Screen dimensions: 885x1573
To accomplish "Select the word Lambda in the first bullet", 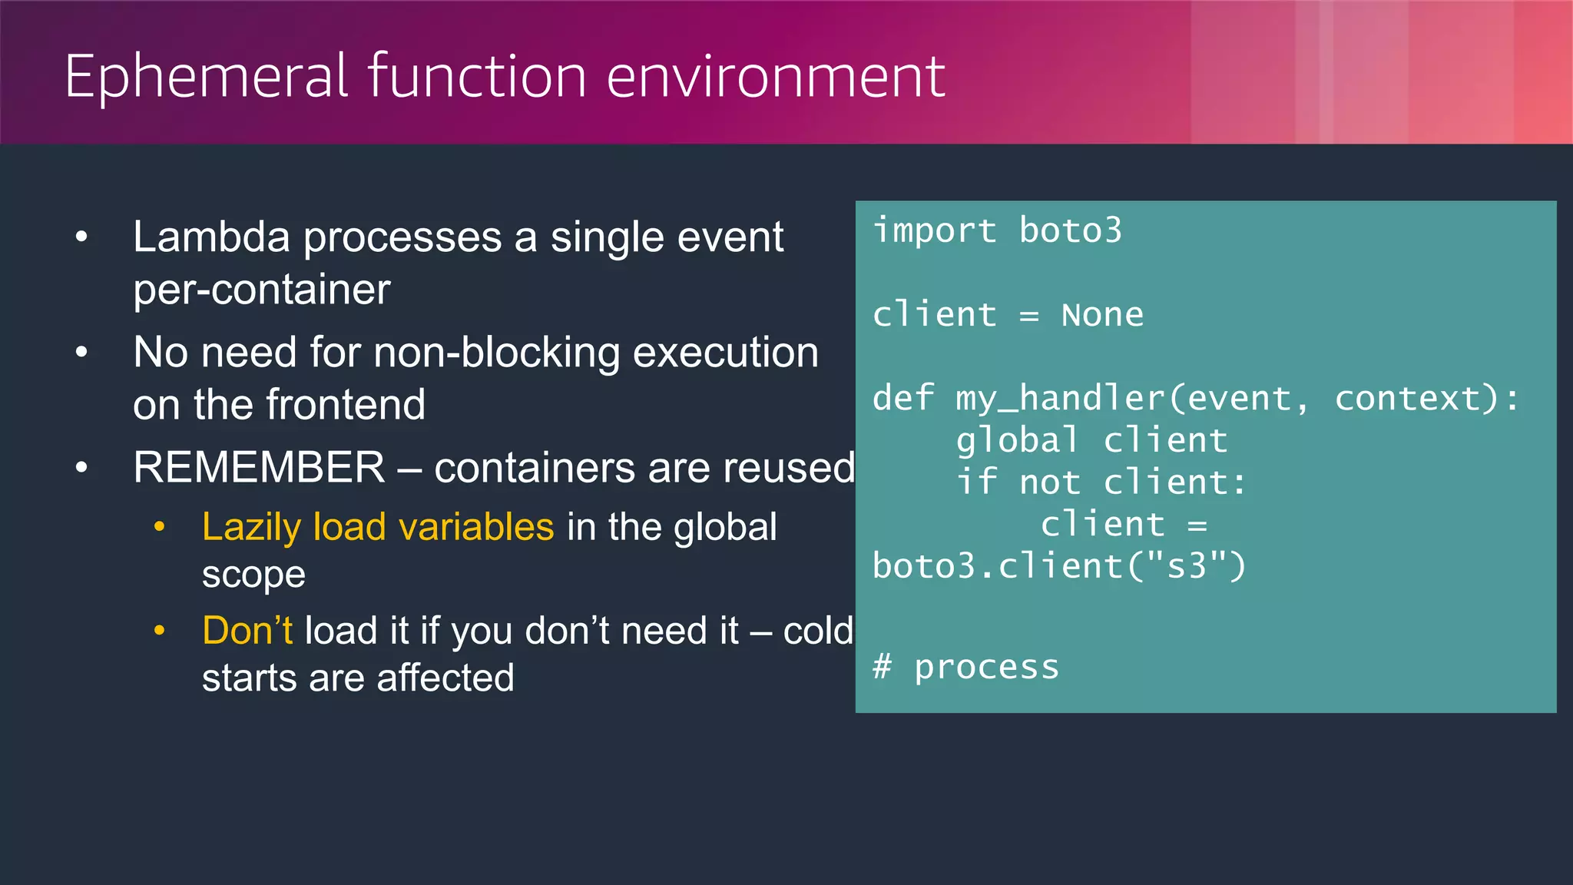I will click(211, 237).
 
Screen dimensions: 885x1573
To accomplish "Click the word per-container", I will click(261, 290).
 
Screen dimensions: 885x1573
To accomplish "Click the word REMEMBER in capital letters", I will click(259, 468).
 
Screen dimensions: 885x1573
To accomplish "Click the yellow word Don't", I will click(247, 631).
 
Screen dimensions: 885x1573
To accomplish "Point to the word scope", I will click(253, 575).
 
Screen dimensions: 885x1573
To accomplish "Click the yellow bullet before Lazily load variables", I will click(160, 527).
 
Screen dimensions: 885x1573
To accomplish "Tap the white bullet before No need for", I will click(82, 353).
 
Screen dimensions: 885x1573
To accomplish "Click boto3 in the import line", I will click(1070, 230).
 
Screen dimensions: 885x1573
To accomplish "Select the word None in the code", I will click(1101, 315).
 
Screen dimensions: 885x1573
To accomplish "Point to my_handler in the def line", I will click(1060, 399).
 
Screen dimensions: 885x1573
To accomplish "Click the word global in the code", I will click(1017, 441).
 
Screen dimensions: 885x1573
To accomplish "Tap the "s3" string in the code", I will click(1185, 567).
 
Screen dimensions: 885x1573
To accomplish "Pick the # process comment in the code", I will click(966, 667).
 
